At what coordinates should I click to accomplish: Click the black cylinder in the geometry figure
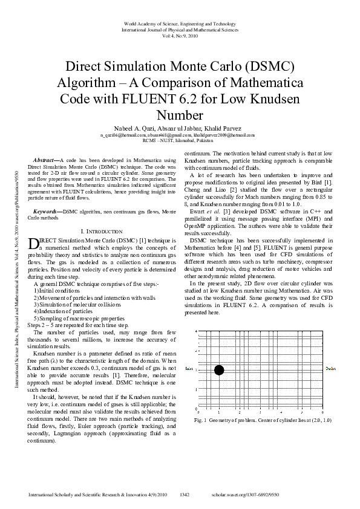tap(219, 370)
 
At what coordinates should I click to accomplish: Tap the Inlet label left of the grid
tap(189, 368)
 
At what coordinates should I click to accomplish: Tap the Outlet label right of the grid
tap(330, 368)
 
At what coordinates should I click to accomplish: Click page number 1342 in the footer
tap(185, 494)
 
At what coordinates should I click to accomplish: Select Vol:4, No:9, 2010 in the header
tap(180, 35)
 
